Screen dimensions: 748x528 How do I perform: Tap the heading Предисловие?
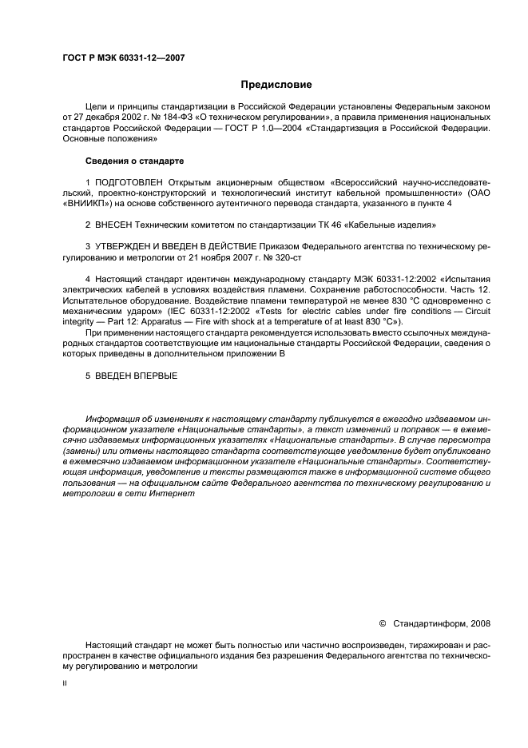276,85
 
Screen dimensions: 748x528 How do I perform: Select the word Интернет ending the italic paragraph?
173,493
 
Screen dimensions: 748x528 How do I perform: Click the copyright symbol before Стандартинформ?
381,623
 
